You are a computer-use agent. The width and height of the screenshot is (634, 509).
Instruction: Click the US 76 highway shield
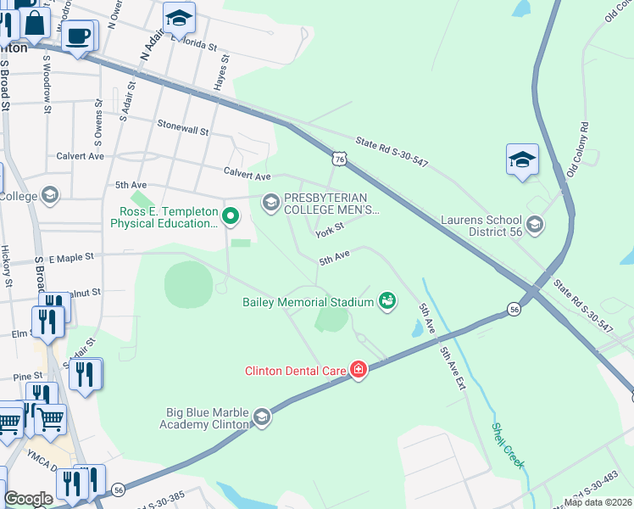339,159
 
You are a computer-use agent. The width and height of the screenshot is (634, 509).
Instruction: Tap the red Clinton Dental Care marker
358,370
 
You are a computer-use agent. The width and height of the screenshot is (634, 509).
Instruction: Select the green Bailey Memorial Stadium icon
387,300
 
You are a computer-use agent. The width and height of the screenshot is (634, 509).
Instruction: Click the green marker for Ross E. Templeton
229,217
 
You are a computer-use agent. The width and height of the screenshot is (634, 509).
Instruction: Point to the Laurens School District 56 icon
534,224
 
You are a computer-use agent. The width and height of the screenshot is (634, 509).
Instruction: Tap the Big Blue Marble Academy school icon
261,417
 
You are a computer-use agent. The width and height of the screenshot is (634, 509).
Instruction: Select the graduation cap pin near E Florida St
179,18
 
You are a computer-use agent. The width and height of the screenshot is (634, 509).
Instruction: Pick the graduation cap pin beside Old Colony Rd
522,159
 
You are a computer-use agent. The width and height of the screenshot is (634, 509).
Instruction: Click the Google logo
28,499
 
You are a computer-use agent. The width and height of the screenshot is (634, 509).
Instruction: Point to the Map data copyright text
598,502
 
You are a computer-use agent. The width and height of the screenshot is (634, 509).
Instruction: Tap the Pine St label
27,376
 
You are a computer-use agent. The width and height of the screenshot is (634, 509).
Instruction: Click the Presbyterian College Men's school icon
271,201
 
